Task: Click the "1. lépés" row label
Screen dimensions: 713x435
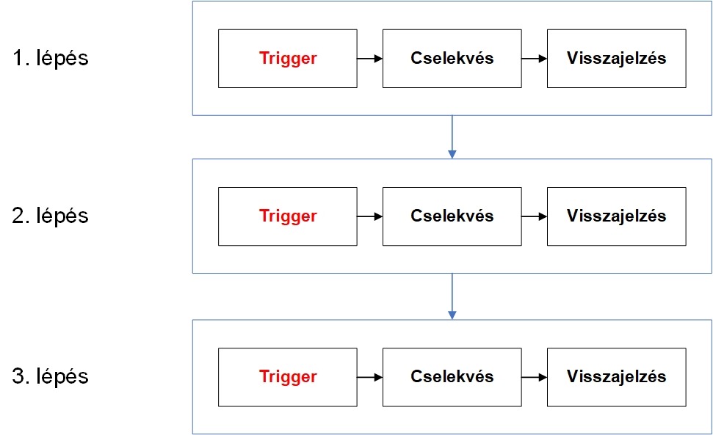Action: tap(51, 58)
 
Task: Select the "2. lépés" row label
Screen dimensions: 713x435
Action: tap(51, 216)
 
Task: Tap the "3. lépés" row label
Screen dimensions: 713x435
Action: tap(51, 376)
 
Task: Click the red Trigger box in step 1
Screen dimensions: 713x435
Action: tap(288, 59)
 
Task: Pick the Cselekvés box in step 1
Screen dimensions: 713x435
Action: tap(452, 59)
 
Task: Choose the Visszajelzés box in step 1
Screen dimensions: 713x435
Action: tap(617, 59)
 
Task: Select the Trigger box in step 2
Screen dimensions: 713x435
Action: tap(288, 216)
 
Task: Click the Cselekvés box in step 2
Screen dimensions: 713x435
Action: tap(452, 216)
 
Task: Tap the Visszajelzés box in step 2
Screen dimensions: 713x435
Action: tap(617, 216)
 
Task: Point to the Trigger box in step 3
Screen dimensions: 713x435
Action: tap(288, 377)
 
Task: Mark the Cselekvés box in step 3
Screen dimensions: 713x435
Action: tap(452, 377)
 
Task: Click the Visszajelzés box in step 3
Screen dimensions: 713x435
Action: tap(617, 377)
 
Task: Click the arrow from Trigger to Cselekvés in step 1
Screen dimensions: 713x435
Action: tap(370, 59)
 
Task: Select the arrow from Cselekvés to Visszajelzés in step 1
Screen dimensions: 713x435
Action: tap(535, 59)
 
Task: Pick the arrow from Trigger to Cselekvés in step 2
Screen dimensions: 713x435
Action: tap(370, 216)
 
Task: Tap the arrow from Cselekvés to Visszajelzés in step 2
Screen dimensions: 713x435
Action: tap(535, 216)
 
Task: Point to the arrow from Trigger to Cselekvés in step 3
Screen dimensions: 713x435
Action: tap(370, 377)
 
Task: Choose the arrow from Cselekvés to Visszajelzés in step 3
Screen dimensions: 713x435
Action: tap(535, 377)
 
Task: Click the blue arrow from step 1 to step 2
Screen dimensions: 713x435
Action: tap(452, 137)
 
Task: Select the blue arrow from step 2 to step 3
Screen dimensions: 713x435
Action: tap(452, 296)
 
